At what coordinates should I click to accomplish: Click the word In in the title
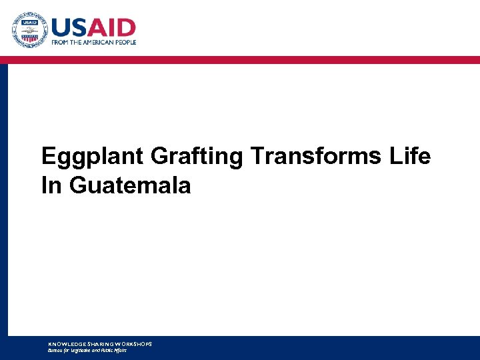[x=51, y=185]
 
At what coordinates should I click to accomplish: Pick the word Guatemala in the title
[x=130, y=185]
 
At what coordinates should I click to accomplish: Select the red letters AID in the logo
[x=115, y=27]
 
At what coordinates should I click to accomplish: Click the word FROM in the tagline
[x=61, y=42]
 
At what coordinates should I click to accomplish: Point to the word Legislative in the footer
[x=81, y=349]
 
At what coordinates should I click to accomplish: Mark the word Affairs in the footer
[x=119, y=349]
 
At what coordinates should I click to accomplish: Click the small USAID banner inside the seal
[x=29, y=23]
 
